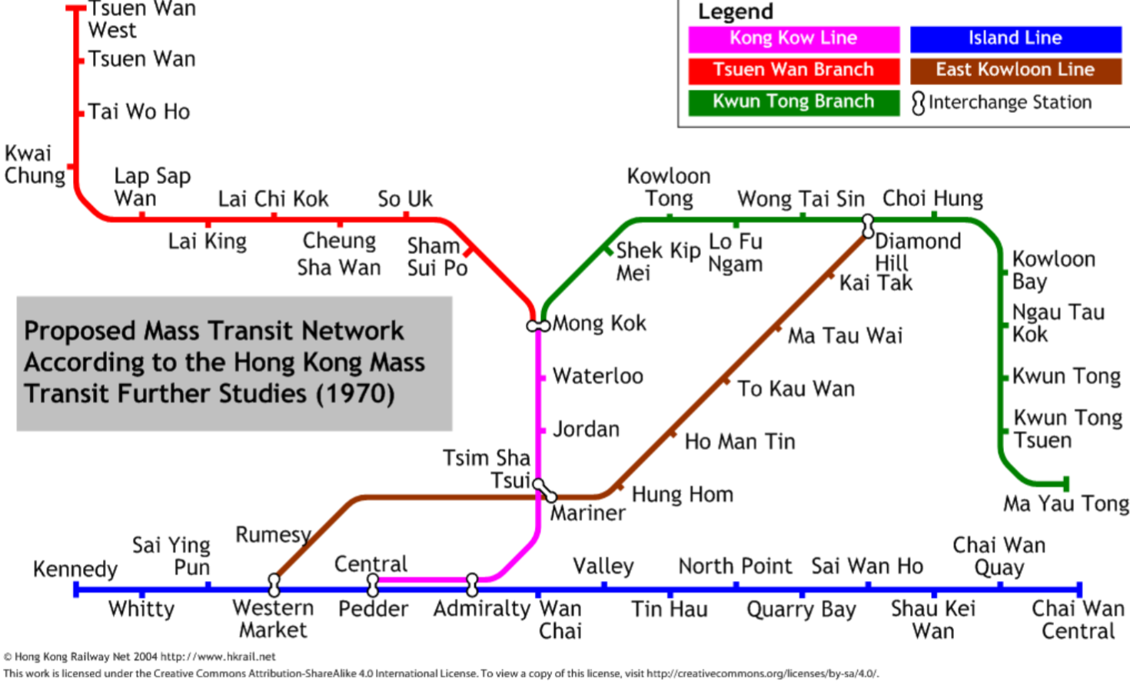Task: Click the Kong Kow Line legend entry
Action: pyautogui.click(x=793, y=38)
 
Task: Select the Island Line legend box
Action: pyautogui.click(x=1015, y=38)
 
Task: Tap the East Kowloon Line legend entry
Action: pyautogui.click(x=1015, y=70)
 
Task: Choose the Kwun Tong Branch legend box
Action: pyautogui.click(x=793, y=102)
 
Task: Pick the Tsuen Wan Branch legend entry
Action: pyautogui.click(x=793, y=70)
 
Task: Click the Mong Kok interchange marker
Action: pyautogui.click(x=538, y=325)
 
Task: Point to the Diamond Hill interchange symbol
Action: pyautogui.click(x=868, y=225)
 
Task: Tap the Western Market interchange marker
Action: pyautogui.click(x=274, y=585)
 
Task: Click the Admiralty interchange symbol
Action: pyautogui.click(x=472, y=584)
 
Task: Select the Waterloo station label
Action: pyautogui.click(x=597, y=376)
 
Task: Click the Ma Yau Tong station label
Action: pyautogui.click(x=1065, y=504)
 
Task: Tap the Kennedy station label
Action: pyautogui.click(x=75, y=569)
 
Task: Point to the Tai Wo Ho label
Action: pyautogui.click(x=138, y=112)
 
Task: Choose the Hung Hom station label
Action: pyautogui.click(x=682, y=495)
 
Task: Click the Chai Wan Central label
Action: pyautogui.click(x=1078, y=619)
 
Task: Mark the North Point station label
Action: pyautogui.click(x=734, y=566)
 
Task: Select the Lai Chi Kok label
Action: pyautogui.click(x=273, y=199)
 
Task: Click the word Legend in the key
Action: pyautogui.click(x=735, y=12)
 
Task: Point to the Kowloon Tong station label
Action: pyautogui.click(x=669, y=187)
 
